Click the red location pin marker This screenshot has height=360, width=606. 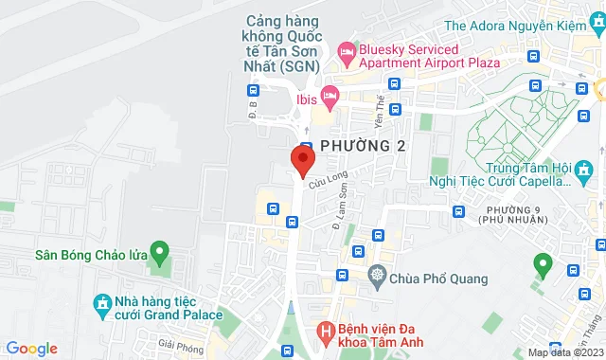pyautogui.click(x=302, y=159)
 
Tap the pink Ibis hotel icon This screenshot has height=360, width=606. pyautogui.click(x=330, y=95)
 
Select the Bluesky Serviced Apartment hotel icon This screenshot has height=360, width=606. pyautogui.click(x=346, y=49)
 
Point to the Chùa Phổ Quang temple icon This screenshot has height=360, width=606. pyautogui.click(x=377, y=277)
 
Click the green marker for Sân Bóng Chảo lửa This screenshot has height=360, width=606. pyautogui.click(x=159, y=253)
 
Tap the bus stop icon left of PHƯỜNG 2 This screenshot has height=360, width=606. pyautogui.click(x=306, y=145)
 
